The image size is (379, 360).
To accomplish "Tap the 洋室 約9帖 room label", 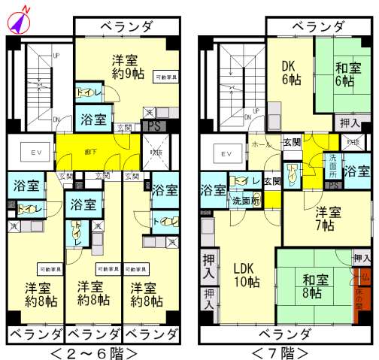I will click(x=124, y=66).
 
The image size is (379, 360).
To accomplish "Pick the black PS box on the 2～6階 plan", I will click(x=153, y=126).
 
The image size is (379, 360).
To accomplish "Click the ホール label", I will click(x=261, y=144).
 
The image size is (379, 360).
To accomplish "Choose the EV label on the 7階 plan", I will click(x=224, y=154).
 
